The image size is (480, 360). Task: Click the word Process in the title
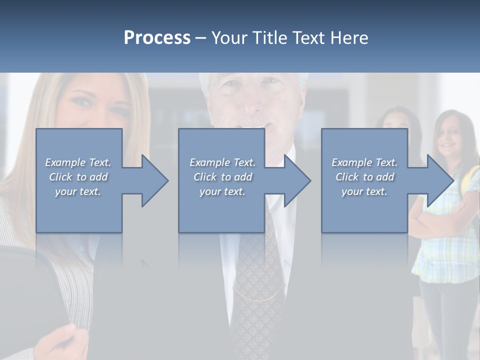(157, 38)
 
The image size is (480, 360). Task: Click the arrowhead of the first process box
(155, 180)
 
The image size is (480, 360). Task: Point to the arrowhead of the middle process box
(297, 180)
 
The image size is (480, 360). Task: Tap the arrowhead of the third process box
(440, 180)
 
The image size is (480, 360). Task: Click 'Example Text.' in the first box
(78, 162)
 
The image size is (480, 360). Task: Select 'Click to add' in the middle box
(222, 177)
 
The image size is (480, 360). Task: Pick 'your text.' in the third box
(364, 191)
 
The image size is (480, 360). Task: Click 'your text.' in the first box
(78, 191)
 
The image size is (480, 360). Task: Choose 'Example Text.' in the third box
(364, 162)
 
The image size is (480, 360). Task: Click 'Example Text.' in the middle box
(222, 162)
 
